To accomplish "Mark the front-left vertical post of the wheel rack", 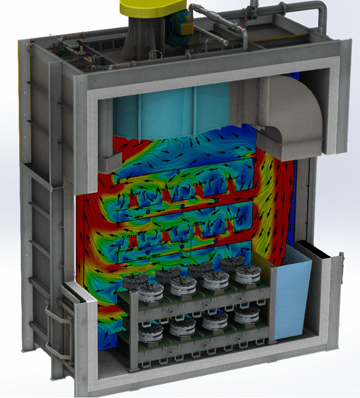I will point(132,329).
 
